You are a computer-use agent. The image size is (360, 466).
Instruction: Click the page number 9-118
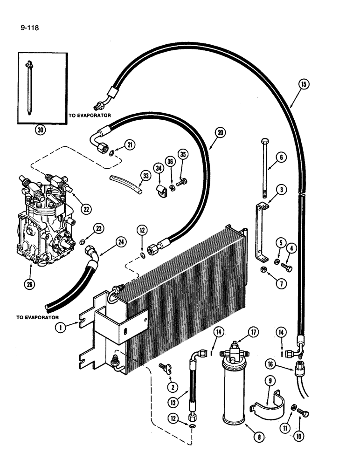29,27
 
